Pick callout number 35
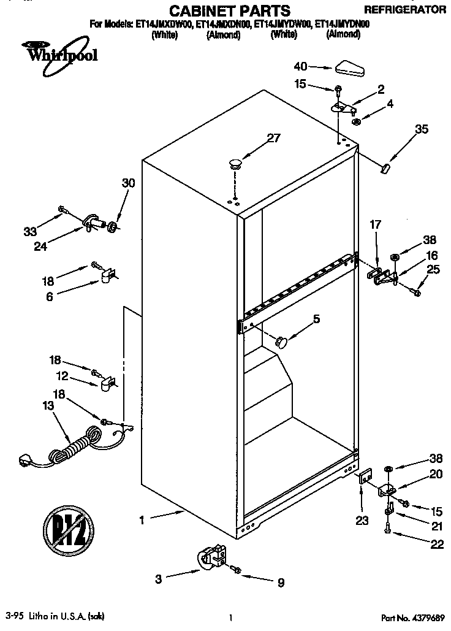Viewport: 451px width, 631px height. [x=422, y=129]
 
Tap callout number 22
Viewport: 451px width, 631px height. [x=437, y=545]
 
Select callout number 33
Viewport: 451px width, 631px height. [x=29, y=232]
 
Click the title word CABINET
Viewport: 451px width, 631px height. [x=202, y=11]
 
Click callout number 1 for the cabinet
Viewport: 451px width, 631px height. [x=142, y=520]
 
